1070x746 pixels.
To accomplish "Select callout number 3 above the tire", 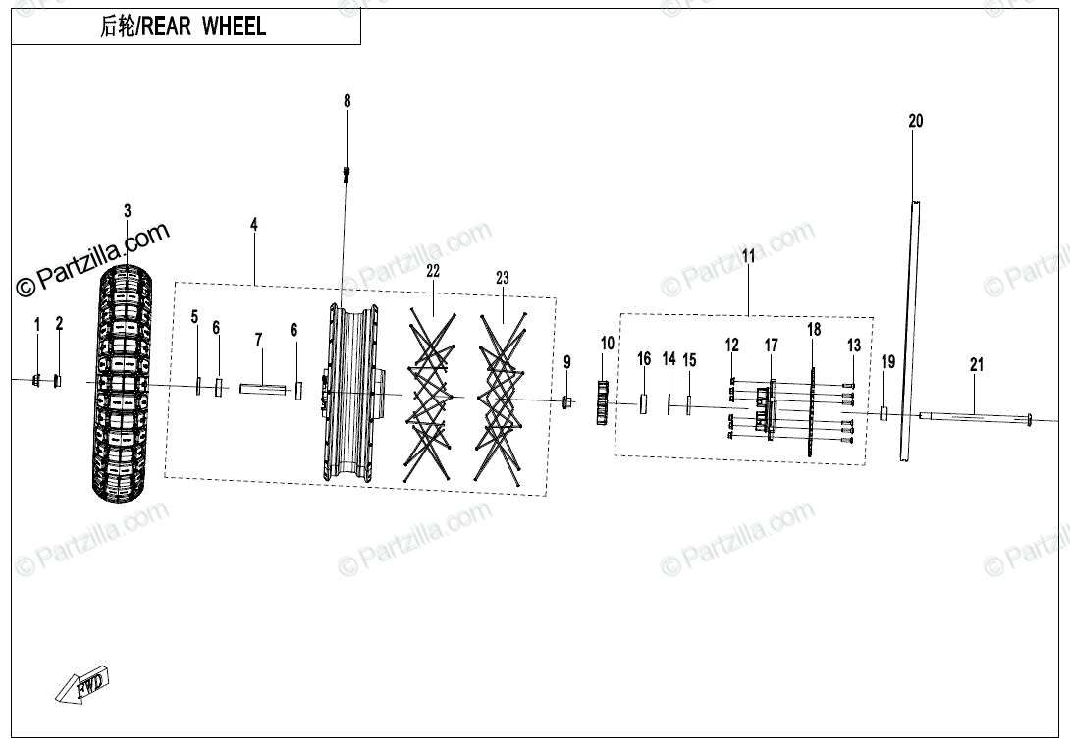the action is click(127, 211).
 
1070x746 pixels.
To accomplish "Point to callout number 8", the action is click(347, 101).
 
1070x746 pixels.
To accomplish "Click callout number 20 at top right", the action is click(915, 122).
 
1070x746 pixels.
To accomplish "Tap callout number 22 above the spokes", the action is click(433, 271).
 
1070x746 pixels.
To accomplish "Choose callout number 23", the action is click(503, 279).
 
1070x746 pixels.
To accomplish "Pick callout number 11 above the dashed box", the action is click(748, 257).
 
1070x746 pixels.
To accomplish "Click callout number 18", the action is click(813, 330).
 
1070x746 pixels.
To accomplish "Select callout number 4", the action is click(254, 226).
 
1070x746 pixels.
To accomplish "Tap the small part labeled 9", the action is click(567, 401).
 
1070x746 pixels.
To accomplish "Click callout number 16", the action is click(644, 360).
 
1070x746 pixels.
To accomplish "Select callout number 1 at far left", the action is click(37, 324).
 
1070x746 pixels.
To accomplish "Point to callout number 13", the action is click(853, 346).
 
